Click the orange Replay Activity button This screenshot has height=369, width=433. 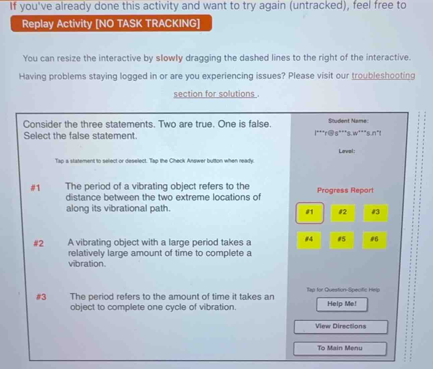[111, 23]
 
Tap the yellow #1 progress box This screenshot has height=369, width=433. [310, 213]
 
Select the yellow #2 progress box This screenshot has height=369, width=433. [343, 213]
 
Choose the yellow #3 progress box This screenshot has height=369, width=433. [375, 213]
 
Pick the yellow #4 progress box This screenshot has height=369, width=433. [309, 240]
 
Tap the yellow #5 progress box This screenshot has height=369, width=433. [342, 240]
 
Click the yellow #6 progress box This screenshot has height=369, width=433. [374, 240]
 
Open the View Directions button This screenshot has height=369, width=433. [341, 326]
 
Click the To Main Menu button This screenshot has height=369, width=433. [340, 348]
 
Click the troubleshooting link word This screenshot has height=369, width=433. [383, 76]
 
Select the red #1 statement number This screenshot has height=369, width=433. [35, 188]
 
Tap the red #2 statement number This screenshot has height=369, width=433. [39, 243]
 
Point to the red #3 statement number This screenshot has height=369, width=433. [41, 297]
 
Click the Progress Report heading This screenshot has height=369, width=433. [345, 190]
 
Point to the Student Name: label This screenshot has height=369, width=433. [348, 121]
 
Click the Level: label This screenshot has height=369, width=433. [347, 151]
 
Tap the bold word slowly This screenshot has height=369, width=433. [169, 58]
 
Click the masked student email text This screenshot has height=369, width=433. [348, 133]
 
